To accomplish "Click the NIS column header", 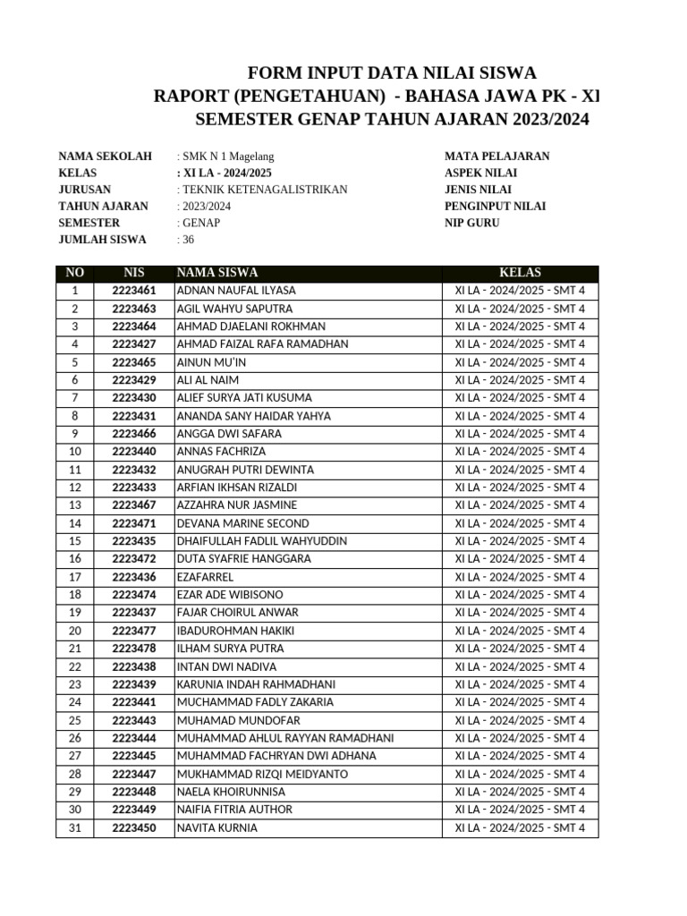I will coord(134,273).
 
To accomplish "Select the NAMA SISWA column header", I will coord(217,273).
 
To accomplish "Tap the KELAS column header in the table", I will coord(520,273).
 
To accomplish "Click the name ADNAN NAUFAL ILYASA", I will coord(236,291).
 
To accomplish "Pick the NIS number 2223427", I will coord(134,344).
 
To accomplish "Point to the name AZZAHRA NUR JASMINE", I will coord(237,505).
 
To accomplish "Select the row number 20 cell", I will coord(75,631).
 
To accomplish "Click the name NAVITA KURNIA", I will coord(217,828).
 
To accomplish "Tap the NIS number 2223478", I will coord(134,649).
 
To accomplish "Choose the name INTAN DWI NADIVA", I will coord(226,666).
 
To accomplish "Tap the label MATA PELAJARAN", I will coord(497,156).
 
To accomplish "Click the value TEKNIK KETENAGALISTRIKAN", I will coord(264,190).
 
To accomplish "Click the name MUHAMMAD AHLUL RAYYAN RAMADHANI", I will coord(285,738).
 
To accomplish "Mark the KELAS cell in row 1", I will coord(520,291).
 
